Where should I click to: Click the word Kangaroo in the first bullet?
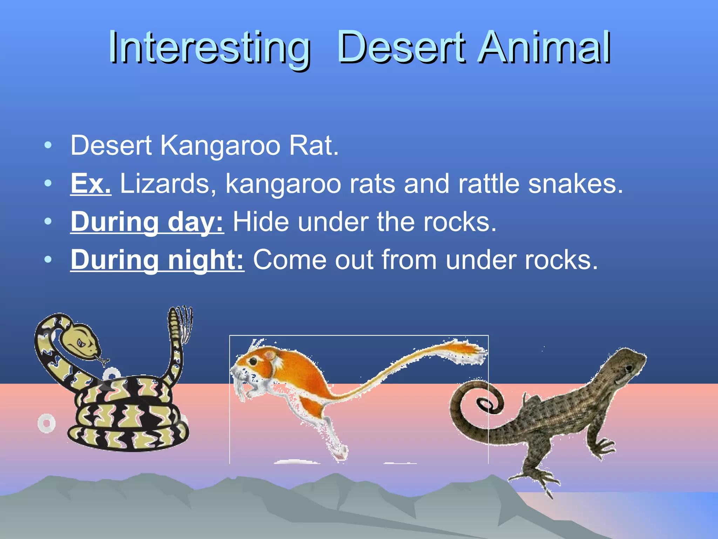[220, 146]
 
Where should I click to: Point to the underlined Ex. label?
[91, 184]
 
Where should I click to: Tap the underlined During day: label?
[147, 222]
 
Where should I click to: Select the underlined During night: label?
[157, 260]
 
